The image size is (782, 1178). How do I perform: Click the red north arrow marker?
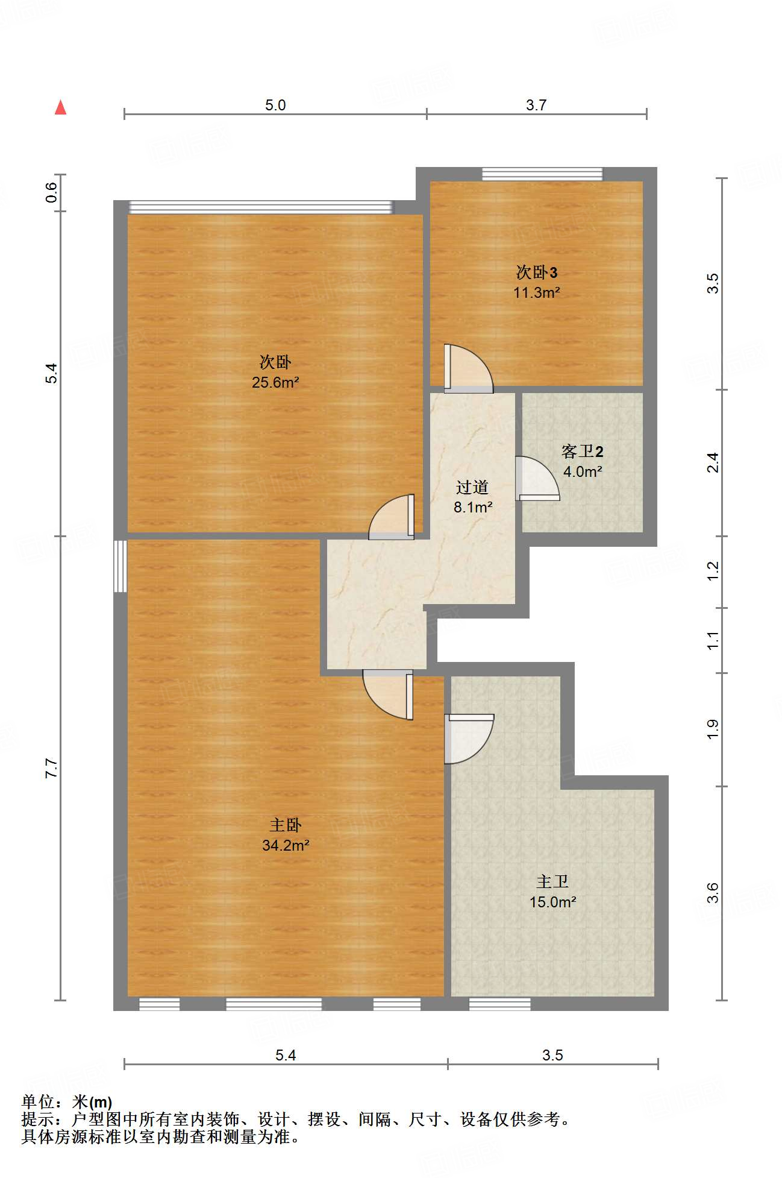coord(60,107)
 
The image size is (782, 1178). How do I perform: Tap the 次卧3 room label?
coord(537,272)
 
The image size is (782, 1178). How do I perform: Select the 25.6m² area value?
coord(276,382)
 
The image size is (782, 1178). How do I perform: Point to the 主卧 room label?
coord(285,825)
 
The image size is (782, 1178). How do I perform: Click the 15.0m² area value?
coord(553,902)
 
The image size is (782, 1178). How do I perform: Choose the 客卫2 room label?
coord(583,451)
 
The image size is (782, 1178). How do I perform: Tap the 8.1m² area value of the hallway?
coord(473,507)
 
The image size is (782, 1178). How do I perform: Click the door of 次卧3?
coord(468,368)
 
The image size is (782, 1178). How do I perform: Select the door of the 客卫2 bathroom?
coord(537,479)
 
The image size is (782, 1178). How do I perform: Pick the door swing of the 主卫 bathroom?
coord(469,739)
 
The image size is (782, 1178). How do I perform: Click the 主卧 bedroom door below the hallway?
coord(388,695)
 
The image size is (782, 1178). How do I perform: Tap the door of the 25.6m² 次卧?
coord(392,517)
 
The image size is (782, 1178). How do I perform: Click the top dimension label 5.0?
coord(275,105)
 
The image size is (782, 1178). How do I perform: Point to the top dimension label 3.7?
coord(536,105)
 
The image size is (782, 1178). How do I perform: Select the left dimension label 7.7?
coord(52,769)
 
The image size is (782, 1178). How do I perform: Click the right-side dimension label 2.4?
coord(713,462)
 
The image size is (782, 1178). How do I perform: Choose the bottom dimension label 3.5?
coord(552,1055)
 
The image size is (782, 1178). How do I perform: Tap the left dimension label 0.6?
coord(52,192)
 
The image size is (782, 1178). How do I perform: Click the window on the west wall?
coord(120,566)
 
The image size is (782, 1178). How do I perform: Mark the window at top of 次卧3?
coord(542,174)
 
